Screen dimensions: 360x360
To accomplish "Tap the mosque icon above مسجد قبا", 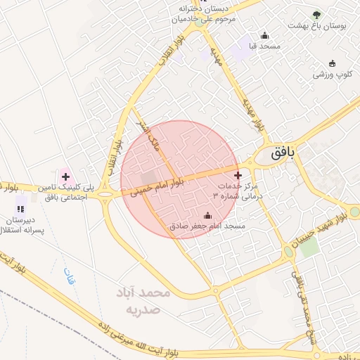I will (x=264, y=35).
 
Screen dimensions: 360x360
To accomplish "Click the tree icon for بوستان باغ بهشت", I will (x=316, y=15).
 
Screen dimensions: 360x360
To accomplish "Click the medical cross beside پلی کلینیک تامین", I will (x=65, y=176).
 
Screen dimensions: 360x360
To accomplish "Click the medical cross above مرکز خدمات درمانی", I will (x=238, y=175).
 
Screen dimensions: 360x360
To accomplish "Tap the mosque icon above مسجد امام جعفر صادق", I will (x=207, y=215).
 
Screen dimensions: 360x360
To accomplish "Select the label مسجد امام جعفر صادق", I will (x=207, y=226).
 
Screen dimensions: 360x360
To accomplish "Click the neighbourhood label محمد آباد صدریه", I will (x=145, y=300).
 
